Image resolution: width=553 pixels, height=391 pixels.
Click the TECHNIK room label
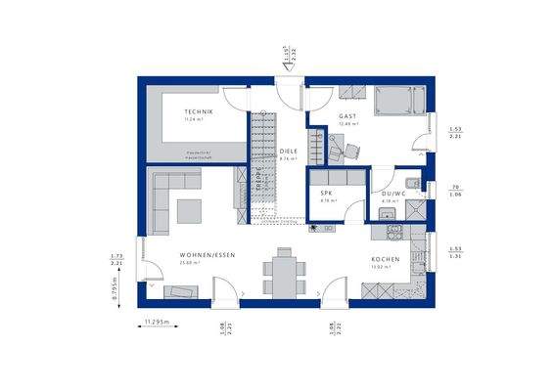click(199, 112)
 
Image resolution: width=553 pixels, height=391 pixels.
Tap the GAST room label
click(347, 115)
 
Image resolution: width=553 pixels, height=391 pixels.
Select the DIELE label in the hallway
click(288, 152)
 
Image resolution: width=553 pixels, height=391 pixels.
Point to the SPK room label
click(327, 194)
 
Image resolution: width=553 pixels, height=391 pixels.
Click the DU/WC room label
click(393, 194)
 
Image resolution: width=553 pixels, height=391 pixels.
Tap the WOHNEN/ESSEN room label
click(207, 255)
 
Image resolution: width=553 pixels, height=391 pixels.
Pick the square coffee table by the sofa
click(190, 209)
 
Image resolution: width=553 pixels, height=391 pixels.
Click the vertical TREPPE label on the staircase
click(258, 182)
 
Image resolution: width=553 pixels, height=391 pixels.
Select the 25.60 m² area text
click(189, 263)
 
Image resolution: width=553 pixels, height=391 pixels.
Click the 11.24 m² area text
click(199, 120)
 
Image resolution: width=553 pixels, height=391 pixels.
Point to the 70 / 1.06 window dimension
click(456, 191)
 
